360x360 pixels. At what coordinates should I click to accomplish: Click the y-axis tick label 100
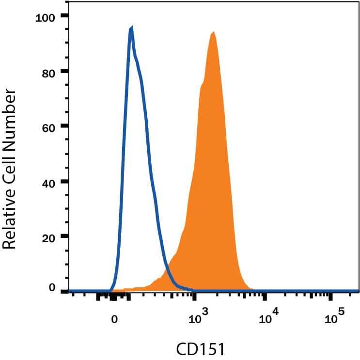(46, 18)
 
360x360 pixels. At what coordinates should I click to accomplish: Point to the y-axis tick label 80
(48, 74)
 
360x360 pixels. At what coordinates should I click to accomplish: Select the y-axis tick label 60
(48, 127)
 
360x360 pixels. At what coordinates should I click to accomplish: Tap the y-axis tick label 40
(48, 183)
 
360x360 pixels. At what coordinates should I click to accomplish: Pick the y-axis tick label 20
(48, 238)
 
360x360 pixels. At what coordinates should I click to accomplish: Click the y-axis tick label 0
(52, 287)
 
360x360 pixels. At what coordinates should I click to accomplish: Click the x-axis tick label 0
(114, 319)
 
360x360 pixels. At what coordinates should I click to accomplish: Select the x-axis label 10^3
(198, 316)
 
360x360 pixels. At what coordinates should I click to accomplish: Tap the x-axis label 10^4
(268, 316)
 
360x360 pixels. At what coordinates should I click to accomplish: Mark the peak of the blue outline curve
(132, 27)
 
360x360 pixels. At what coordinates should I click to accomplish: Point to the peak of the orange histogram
(214, 32)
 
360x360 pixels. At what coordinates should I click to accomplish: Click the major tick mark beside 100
(65, 16)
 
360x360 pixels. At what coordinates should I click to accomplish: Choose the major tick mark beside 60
(65, 125)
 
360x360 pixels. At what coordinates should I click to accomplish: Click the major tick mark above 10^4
(265, 297)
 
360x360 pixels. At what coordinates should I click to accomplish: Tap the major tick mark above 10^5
(330, 297)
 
